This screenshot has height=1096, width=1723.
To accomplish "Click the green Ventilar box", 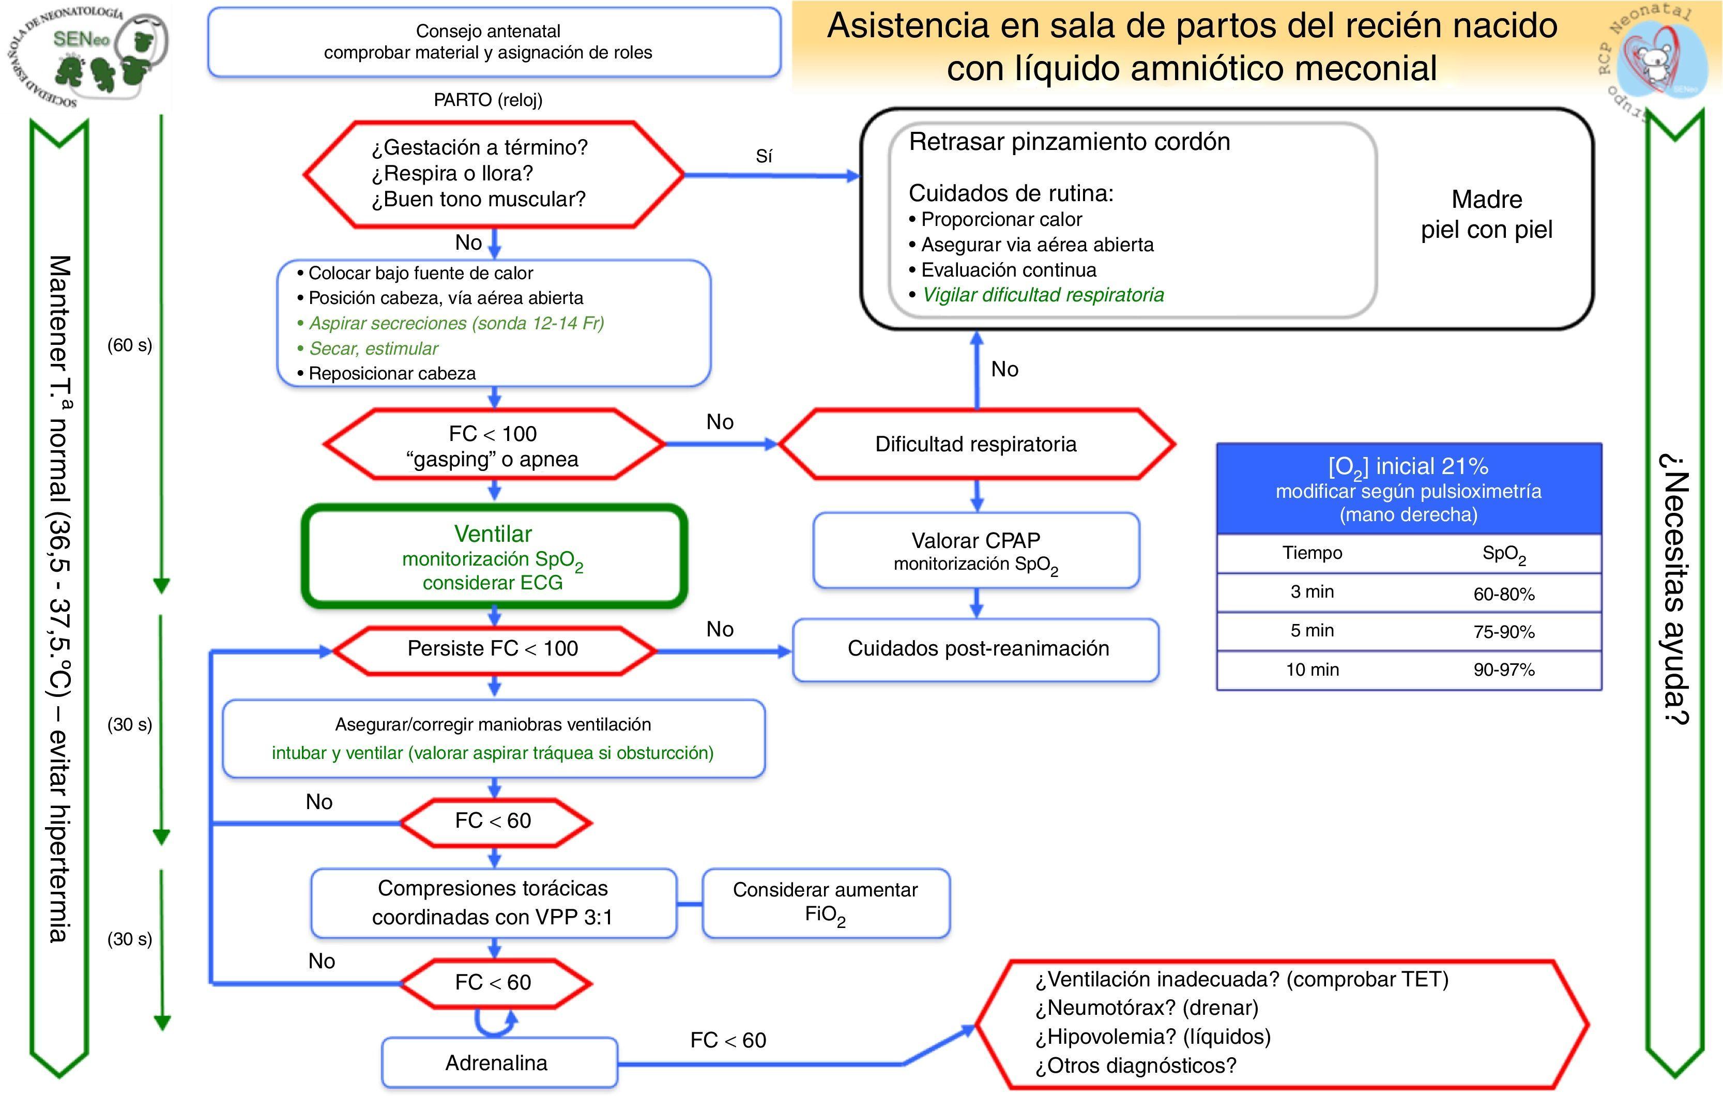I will [x=494, y=557].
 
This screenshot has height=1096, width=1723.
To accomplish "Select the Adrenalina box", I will [x=499, y=1062].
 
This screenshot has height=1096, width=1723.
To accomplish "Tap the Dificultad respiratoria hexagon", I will [x=976, y=444].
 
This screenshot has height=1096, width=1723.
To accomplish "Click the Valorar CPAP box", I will [x=976, y=550].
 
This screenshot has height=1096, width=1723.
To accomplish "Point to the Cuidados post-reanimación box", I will [x=976, y=649].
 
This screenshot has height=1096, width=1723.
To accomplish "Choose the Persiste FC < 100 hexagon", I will [x=493, y=649].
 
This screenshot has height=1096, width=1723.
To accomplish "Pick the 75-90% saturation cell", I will [x=1503, y=632].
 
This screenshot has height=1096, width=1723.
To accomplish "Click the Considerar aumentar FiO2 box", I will [x=826, y=903].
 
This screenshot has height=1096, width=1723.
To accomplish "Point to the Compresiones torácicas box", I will [x=493, y=903].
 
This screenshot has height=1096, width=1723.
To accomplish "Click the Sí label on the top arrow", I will [x=764, y=157].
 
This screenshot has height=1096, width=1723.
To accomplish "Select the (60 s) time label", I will [x=130, y=345].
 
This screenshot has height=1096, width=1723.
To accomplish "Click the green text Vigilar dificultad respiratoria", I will [x=1043, y=295].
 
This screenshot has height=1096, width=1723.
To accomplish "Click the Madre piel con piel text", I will [x=1486, y=214].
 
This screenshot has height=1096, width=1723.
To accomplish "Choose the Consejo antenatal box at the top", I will [x=494, y=41].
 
